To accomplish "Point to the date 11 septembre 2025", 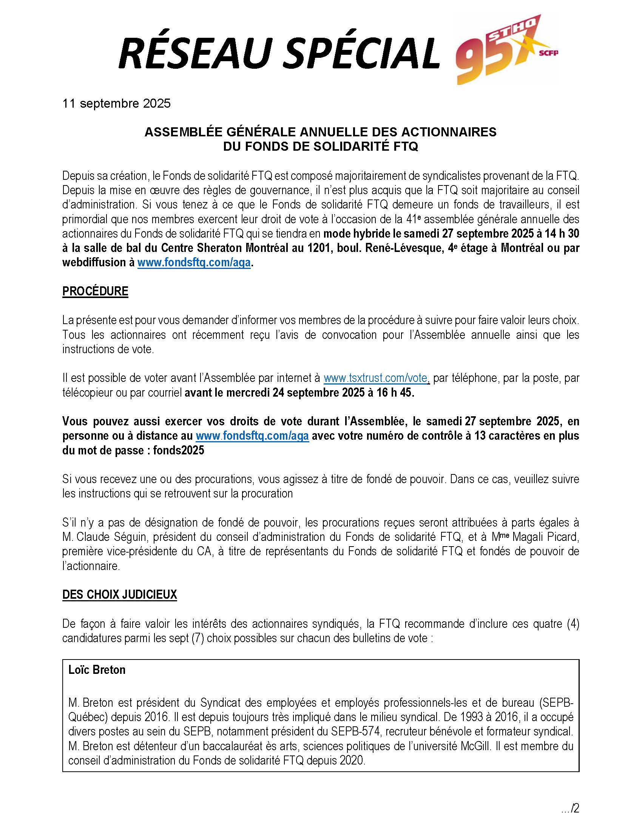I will [x=116, y=103].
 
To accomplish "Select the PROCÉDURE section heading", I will [x=95, y=291].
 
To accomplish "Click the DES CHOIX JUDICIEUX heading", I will [x=119, y=594].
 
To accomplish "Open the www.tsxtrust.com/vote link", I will [x=376, y=378].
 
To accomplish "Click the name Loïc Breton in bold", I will [x=97, y=670].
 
